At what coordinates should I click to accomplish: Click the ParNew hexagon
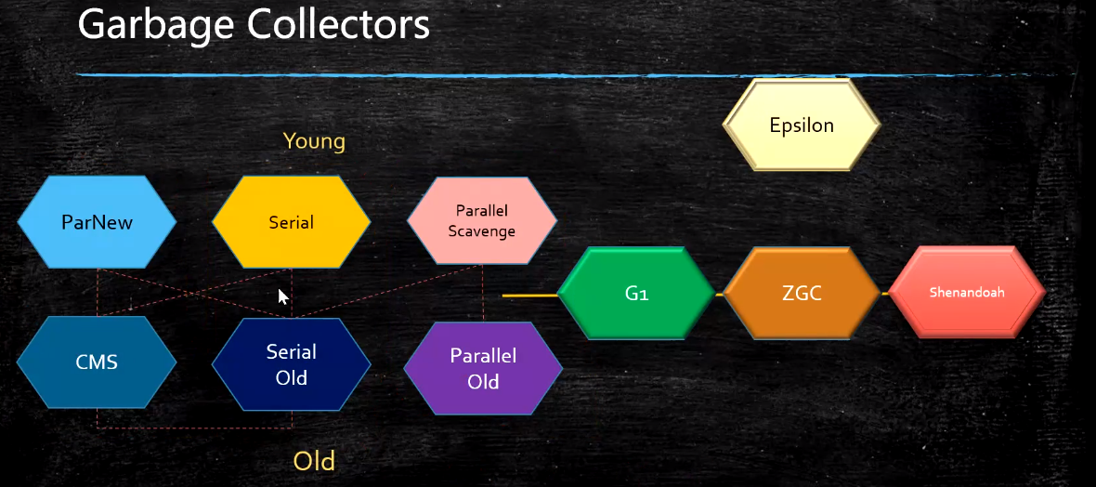[x=97, y=222]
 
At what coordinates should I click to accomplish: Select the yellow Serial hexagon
[x=291, y=222]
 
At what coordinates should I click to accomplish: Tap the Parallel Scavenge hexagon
[x=481, y=221]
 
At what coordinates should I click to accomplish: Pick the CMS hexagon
[x=97, y=362]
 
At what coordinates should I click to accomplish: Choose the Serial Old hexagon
[x=291, y=364]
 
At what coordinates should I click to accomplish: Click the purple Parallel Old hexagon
[x=483, y=368]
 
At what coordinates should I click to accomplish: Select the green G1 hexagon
[x=636, y=294]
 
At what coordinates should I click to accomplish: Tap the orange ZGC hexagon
[x=802, y=294]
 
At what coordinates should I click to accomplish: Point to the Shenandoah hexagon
[x=967, y=292]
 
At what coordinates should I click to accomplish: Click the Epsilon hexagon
[x=802, y=125]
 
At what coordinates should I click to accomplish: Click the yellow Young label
[x=314, y=141]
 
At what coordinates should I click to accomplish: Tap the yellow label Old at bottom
[x=314, y=461]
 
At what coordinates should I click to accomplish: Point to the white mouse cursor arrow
[x=282, y=295]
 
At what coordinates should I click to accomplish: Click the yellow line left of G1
[x=529, y=296]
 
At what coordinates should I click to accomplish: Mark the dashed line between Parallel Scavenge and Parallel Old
[x=483, y=293]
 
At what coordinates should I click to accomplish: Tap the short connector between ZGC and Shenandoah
[x=885, y=294]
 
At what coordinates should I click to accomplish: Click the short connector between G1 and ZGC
[x=720, y=294]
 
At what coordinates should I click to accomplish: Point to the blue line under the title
[x=464, y=74]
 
